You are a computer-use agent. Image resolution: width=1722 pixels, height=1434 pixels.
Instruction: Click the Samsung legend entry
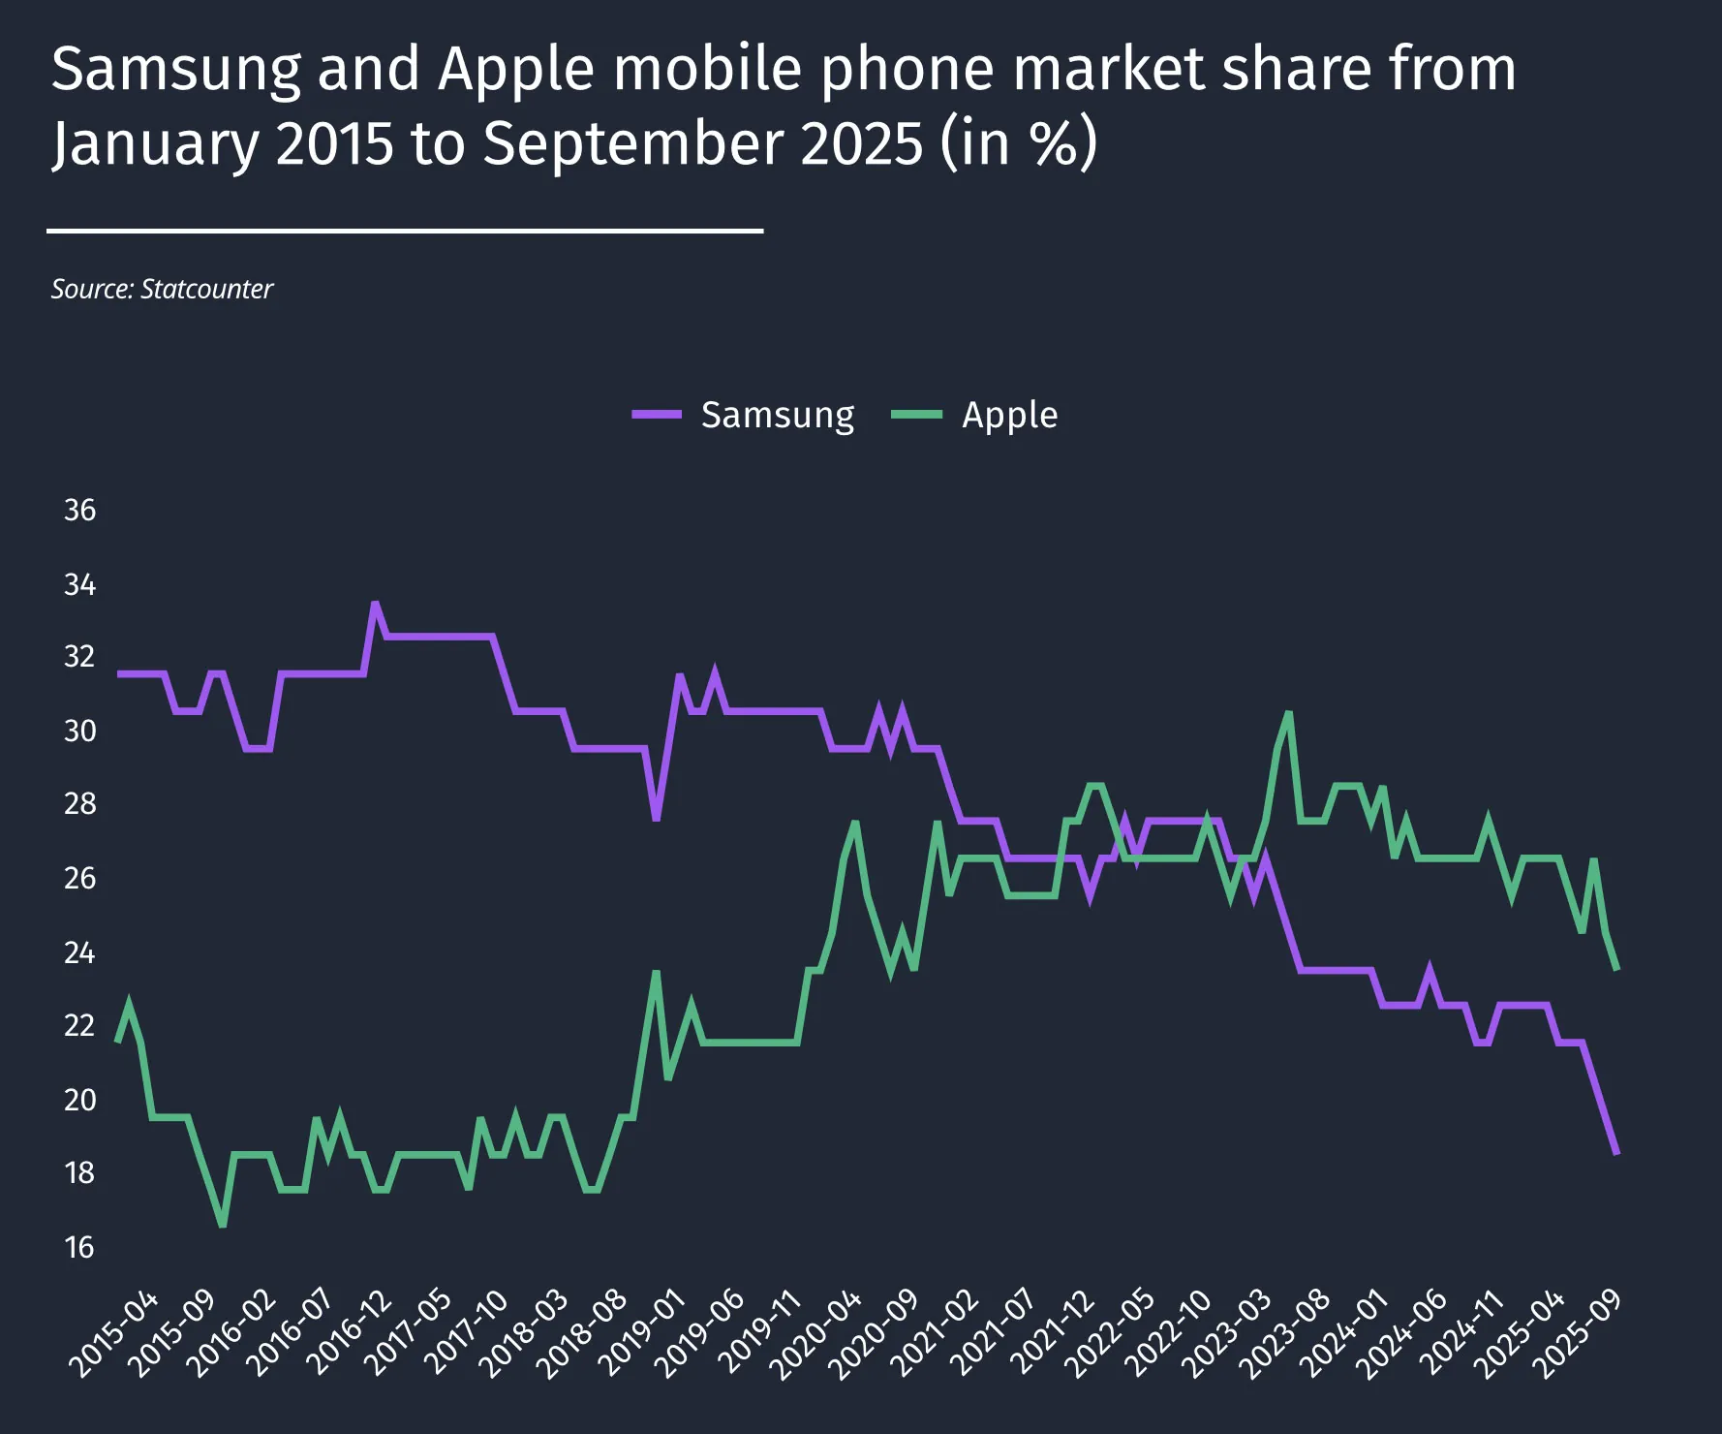pos(744,415)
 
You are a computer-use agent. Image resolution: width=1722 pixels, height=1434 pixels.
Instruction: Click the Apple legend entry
pos(974,415)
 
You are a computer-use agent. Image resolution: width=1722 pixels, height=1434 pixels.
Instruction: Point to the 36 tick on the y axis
pos(79,510)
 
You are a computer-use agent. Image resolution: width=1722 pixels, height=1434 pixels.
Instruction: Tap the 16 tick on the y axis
pos(79,1247)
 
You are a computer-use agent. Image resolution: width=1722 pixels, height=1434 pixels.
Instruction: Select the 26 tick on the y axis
pos(79,878)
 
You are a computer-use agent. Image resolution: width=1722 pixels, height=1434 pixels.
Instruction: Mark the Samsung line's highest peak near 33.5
pos(375,603)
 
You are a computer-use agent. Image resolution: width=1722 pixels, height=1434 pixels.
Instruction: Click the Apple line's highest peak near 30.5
pos(1289,714)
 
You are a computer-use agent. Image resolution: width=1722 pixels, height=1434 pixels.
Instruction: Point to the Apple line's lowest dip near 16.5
pos(223,1226)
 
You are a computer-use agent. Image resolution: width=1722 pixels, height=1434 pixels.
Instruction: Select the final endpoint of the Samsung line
pos(1616,1153)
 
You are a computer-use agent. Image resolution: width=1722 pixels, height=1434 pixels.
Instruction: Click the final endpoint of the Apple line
pos(1616,969)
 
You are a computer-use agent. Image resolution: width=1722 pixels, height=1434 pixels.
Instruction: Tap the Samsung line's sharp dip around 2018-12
pos(656,820)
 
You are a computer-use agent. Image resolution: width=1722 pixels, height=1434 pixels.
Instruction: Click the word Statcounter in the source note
pos(206,289)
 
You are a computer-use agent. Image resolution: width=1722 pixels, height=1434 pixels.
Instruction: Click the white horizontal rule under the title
pos(405,231)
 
